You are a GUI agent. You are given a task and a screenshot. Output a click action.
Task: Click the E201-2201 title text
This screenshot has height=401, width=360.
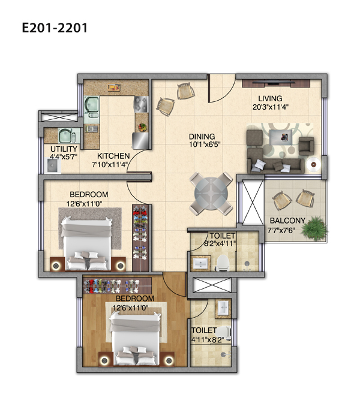point(55,28)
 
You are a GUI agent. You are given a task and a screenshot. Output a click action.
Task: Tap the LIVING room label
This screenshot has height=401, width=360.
point(270,98)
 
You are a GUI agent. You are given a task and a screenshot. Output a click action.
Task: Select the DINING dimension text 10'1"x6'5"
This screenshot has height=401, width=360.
point(205,144)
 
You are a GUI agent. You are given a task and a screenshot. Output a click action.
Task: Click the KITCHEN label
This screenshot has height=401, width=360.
point(113,156)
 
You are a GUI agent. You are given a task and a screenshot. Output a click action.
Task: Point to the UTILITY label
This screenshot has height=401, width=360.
point(64,149)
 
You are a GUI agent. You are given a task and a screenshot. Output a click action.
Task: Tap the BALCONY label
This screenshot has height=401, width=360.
point(287,221)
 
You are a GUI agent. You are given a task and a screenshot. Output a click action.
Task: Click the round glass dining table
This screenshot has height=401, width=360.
point(211,194)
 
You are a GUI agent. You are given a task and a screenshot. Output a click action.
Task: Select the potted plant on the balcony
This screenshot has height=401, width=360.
point(314,228)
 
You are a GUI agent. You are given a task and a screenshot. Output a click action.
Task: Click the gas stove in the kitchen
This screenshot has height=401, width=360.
point(141,104)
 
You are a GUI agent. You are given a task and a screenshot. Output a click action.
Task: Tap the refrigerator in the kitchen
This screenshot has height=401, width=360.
point(140,141)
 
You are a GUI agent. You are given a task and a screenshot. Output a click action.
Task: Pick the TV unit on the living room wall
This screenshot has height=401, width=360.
point(276,83)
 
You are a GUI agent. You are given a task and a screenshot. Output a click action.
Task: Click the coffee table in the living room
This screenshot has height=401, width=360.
point(281,136)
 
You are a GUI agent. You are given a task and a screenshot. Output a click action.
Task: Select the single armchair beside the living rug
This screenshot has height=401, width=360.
point(307,146)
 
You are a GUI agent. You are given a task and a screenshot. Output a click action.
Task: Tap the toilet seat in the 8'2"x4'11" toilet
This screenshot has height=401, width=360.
point(222,262)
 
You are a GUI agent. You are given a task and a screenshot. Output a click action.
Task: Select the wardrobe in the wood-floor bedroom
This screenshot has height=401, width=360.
point(118,285)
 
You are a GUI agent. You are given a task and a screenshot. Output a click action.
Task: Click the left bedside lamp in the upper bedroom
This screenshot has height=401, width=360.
point(56,266)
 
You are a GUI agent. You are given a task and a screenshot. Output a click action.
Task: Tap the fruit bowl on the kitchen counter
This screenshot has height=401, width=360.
point(142,127)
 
